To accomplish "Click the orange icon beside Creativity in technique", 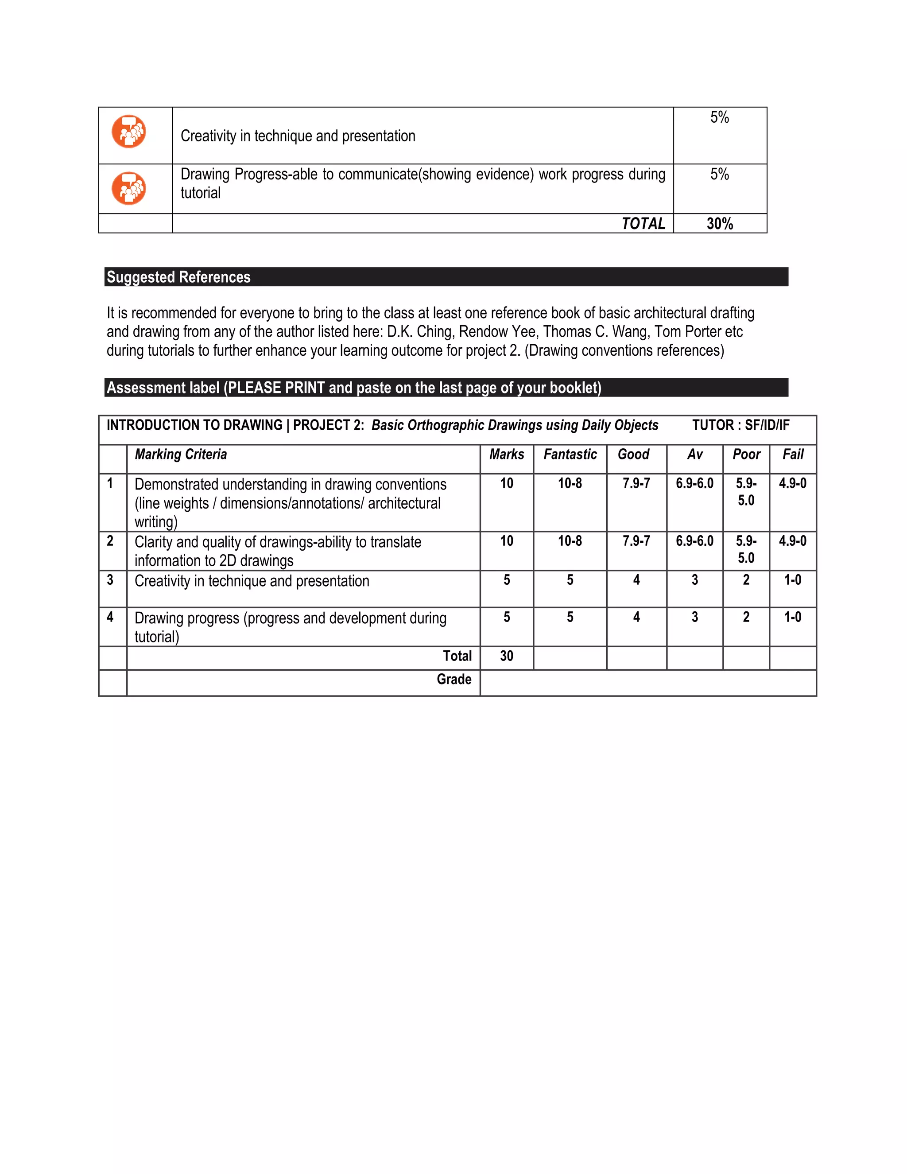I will [128, 131].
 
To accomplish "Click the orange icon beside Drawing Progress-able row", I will [128, 188].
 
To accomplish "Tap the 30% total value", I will [720, 224].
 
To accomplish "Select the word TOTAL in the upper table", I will [643, 224].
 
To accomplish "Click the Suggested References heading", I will [178, 277].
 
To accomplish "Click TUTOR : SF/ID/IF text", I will [740, 425].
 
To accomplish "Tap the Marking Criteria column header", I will [181, 455].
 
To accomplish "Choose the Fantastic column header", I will [570, 455].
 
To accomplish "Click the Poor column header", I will [746, 455].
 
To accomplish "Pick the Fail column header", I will [793, 455].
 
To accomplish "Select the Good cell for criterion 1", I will [636, 484].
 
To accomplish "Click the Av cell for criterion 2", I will [694, 541].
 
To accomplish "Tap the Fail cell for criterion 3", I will [793, 580].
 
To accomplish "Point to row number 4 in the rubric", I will [110, 617].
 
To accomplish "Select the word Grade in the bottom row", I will [453, 680].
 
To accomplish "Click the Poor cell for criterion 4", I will [746, 617].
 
